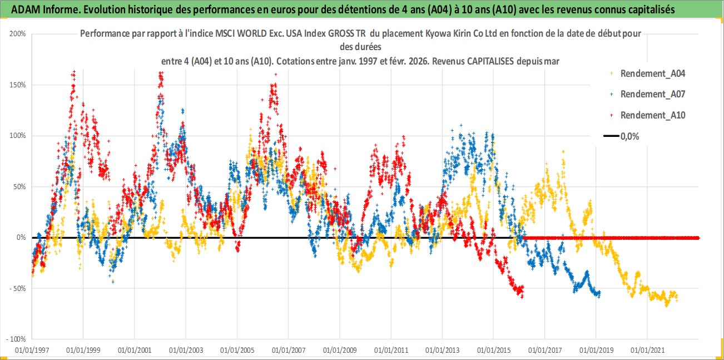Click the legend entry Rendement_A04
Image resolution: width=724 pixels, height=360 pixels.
[x=653, y=73]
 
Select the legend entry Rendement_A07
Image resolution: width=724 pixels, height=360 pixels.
[x=653, y=94]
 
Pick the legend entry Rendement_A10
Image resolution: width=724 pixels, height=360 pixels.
[x=653, y=115]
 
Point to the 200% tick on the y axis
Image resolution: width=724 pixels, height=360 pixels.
[x=18, y=34]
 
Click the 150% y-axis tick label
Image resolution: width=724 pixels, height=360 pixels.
[x=18, y=85]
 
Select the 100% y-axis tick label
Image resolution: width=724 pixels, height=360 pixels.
[x=18, y=136]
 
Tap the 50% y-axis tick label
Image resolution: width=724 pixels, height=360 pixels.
[x=20, y=186]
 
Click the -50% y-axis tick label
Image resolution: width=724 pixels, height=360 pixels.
[x=18, y=288]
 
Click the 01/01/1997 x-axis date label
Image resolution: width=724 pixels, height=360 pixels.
[x=32, y=351]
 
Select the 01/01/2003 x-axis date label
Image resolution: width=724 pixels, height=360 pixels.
[x=186, y=351]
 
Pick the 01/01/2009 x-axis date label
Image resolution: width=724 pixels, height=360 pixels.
[x=340, y=351]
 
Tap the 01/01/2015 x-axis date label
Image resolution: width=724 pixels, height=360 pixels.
[x=493, y=351]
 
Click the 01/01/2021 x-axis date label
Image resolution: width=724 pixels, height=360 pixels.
[x=647, y=351]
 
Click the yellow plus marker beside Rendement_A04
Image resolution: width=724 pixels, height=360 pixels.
[x=612, y=73]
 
